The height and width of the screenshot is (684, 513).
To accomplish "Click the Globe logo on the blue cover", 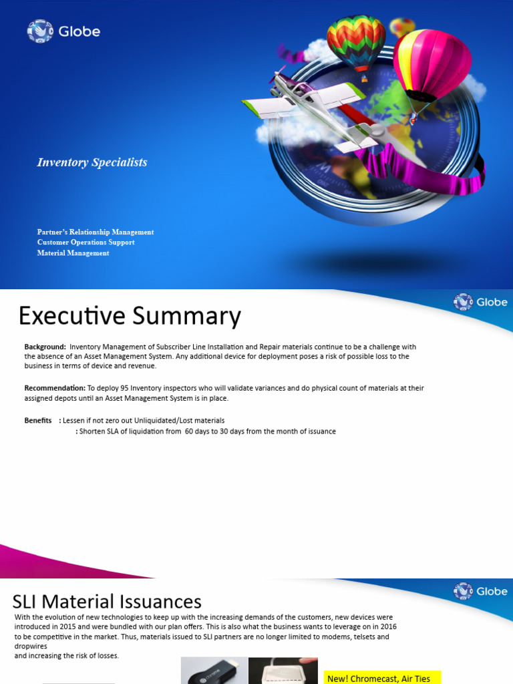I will [63, 31].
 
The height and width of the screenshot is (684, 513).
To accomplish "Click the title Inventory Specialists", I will [92, 162].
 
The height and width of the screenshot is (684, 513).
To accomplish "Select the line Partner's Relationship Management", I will [96, 232].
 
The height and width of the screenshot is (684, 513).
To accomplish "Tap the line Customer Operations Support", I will [85, 242].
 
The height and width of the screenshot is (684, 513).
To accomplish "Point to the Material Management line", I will [73, 253].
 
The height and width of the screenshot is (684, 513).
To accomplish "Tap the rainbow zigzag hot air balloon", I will [356, 43].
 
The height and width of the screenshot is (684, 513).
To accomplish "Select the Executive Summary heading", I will [130, 316].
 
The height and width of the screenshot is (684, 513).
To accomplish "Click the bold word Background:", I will [45, 347].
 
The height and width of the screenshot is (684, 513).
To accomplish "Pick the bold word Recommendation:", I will [55, 388].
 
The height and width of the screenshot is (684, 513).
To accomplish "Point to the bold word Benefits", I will [38, 420].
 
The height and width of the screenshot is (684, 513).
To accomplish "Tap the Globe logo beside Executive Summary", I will [480, 302].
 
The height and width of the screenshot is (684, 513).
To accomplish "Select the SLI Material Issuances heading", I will [108, 601].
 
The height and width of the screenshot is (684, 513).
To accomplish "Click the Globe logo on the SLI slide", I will [480, 591].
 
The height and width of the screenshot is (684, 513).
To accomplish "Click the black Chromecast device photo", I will [214, 671].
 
